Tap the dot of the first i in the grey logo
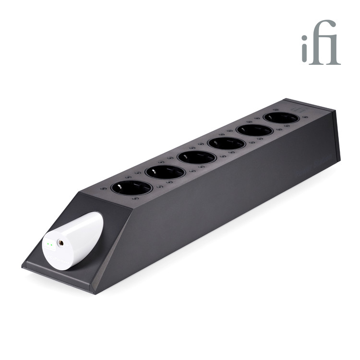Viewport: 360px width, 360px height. click(304, 37)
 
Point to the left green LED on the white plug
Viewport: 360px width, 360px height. click(48, 244)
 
